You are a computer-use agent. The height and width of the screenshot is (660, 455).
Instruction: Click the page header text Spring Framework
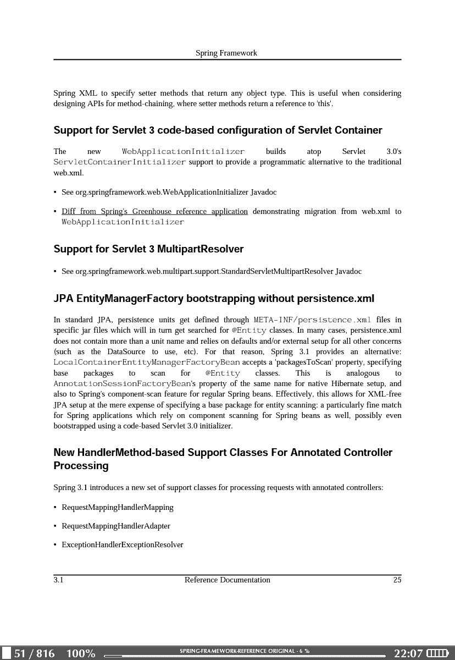click(226, 53)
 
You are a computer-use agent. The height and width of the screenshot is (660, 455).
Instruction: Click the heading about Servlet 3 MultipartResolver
click(148, 249)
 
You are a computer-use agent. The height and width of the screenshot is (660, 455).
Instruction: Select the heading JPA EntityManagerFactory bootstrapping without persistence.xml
click(214, 299)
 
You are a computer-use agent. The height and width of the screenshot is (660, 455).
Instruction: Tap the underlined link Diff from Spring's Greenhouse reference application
click(154, 212)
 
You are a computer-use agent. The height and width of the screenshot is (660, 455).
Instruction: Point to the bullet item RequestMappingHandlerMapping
click(118, 508)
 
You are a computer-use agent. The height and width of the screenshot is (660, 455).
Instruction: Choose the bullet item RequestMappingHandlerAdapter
click(116, 526)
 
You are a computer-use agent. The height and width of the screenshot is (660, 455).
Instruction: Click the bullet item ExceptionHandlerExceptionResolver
click(123, 545)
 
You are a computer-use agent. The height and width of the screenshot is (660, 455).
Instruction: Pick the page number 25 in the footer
click(397, 580)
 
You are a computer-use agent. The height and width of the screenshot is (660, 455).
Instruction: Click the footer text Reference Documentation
click(227, 580)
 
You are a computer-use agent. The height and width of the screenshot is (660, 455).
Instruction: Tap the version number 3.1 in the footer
click(58, 580)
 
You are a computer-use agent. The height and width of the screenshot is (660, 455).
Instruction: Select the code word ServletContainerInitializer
click(120, 162)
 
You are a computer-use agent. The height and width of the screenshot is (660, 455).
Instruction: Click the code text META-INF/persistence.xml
click(313, 320)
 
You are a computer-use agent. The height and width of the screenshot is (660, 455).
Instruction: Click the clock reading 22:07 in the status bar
click(408, 653)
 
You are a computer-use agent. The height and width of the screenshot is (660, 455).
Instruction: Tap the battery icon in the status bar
click(438, 653)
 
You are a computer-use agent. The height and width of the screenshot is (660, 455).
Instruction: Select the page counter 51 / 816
click(35, 653)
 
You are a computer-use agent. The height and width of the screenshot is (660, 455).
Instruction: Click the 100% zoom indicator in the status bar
click(81, 653)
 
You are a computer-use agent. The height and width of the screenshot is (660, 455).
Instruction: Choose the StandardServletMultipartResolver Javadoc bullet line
click(212, 272)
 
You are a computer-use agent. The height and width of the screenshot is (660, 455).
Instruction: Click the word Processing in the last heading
click(81, 466)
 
